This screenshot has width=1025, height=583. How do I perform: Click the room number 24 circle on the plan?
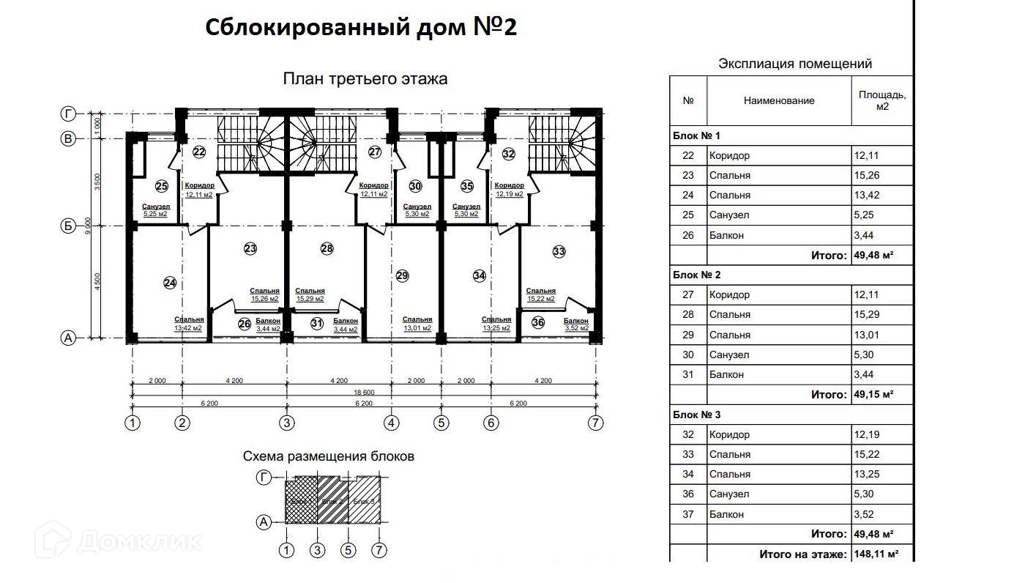click(170, 283)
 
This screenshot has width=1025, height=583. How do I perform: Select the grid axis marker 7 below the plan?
click(597, 423)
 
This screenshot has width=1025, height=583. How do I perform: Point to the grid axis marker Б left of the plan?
click(68, 226)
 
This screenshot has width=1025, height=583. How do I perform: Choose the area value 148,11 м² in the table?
click(876, 554)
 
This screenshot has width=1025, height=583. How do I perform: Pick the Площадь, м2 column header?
click(882, 100)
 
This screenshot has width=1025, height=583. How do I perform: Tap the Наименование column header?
click(778, 101)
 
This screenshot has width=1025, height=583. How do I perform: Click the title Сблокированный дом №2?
click(361, 28)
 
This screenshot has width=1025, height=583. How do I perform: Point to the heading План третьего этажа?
click(365, 78)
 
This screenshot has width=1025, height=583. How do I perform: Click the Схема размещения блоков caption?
click(329, 456)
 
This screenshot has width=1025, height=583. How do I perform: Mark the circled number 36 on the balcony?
click(538, 322)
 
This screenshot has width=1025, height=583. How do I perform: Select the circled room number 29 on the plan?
click(402, 276)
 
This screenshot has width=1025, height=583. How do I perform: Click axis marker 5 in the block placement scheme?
click(348, 550)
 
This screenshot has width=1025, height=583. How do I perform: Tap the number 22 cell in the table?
click(688, 156)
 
